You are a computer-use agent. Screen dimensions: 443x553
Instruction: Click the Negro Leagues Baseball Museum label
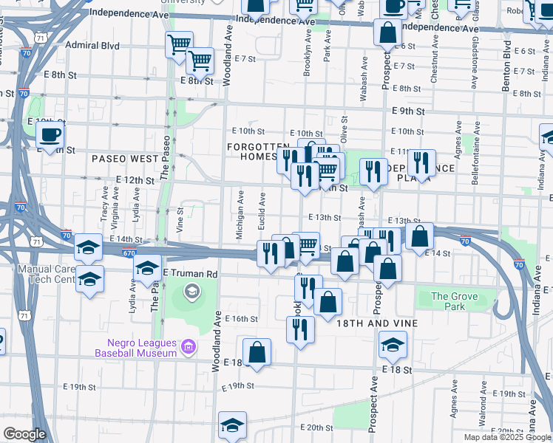pyautogui.click(x=136, y=348)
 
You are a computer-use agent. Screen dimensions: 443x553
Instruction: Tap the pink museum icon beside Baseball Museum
pyautogui.click(x=189, y=346)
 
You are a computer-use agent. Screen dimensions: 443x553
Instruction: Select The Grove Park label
pyautogui.click(x=454, y=301)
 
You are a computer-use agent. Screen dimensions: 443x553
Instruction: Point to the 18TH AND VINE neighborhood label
pyautogui.click(x=377, y=323)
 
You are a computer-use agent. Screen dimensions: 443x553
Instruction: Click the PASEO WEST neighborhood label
pyautogui.click(x=124, y=159)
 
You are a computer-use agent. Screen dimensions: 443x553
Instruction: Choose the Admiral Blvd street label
pyautogui.click(x=92, y=45)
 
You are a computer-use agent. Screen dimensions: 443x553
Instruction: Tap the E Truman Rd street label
pyautogui.click(x=191, y=273)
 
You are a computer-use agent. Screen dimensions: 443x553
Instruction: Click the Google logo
pyautogui.click(x=24, y=433)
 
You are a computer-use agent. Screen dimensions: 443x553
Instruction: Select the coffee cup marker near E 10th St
pyautogui.click(x=50, y=135)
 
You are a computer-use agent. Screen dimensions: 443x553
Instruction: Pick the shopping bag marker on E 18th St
pyautogui.click(x=257, y=352)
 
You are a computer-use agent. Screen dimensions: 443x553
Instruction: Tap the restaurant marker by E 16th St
pyautogui.click(x=300, y=330)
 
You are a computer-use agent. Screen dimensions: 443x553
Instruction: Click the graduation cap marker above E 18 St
pyautogui.click(x=393, y=344)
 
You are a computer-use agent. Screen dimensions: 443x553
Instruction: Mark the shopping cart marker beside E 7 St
pyautogui.click(x=200, y=61)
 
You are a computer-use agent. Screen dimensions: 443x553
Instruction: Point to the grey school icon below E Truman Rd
pyautogui.click(x=191, y=293)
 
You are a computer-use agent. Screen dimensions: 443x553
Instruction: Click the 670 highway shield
pyautogui.click(x=129, y=253)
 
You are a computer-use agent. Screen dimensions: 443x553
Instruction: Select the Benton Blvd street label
pyautogui.click(x=506, y=70)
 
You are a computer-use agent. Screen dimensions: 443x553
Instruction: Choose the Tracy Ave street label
pyautogui.click(x=105, y=203)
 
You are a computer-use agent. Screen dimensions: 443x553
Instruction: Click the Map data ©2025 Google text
pyautogui.click(x=507, y=437)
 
